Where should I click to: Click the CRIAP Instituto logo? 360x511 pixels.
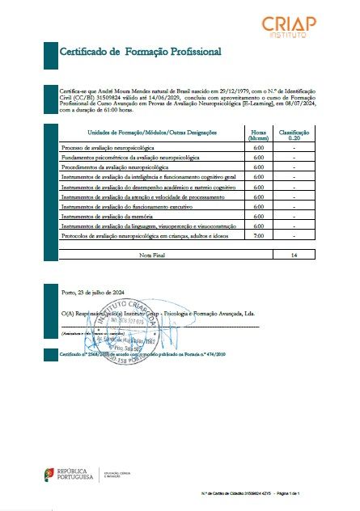[294, 27]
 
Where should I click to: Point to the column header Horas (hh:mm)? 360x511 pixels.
[259, 134]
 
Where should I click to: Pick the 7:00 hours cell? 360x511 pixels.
[259, 236]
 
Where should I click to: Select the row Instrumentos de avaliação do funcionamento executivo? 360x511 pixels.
[121, 207]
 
